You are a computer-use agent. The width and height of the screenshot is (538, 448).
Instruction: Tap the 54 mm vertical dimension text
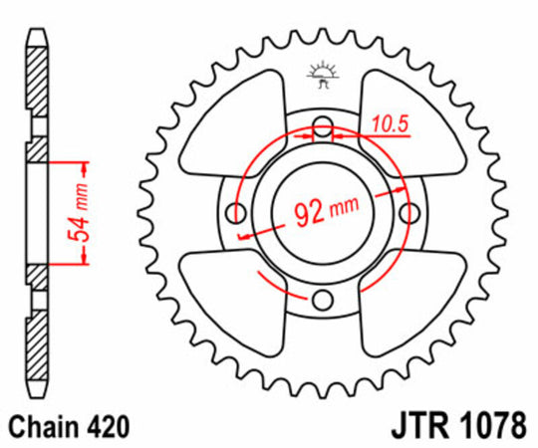tap(72, 211)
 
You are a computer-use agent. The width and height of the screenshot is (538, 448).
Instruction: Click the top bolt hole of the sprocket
tap(321, 127)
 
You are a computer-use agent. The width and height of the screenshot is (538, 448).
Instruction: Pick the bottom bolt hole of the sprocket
tap(321, 301)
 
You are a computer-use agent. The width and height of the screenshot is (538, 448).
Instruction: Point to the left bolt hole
tap(236, 213)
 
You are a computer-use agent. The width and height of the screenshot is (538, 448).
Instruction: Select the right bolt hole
tap(407, 213)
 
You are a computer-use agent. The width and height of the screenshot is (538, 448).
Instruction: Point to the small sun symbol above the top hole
tap(321, 73)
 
